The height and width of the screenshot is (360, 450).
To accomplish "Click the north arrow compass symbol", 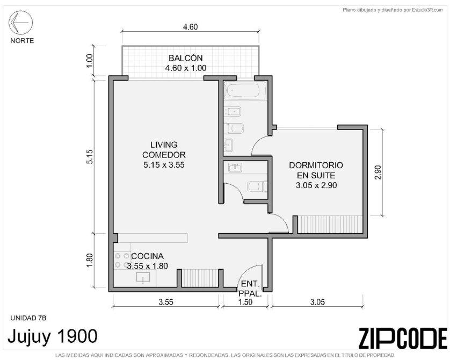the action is coord(20,23).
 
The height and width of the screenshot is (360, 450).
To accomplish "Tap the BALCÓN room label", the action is coord(186,58).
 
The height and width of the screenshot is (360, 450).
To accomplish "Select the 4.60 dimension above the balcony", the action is coord(190,27).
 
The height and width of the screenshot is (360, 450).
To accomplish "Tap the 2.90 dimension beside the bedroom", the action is coord(378,172).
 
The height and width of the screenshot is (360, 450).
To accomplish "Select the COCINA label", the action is coord(147,256).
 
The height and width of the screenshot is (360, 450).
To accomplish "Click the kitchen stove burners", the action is coord(122,260).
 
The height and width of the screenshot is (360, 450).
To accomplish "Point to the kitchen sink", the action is coord(143,278).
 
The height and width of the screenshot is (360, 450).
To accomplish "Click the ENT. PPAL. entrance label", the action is coord(250,289).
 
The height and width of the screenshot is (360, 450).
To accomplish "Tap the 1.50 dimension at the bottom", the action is coord(245,302).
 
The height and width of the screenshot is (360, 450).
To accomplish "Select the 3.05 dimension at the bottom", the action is coord(317,302).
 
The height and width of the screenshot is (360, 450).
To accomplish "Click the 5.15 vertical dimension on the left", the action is coord(90,156).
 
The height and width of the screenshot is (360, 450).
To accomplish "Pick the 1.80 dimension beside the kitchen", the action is coord(90,260).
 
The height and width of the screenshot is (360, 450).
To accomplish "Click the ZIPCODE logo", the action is coord(403,337).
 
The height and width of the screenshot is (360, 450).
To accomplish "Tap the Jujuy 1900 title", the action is coord(53,336).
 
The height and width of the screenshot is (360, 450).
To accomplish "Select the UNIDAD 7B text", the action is coord(28,318).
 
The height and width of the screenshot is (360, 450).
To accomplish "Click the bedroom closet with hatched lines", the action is coord(330,224).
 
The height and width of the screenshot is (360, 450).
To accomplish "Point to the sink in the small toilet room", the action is coord(235,167).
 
